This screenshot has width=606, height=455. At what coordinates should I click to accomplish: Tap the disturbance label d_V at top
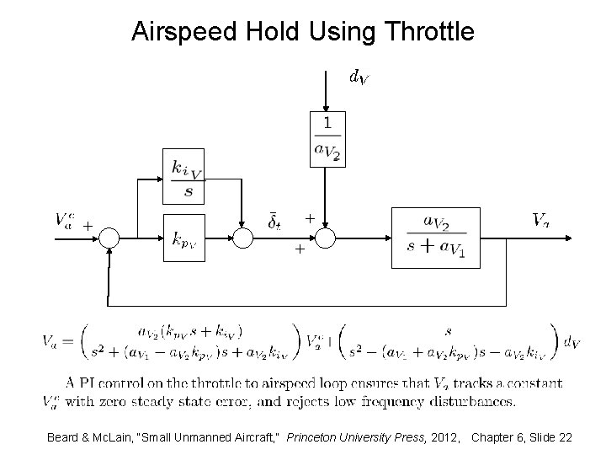(x=359, y=78)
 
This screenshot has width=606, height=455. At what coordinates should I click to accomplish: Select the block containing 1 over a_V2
(x=327, y=138)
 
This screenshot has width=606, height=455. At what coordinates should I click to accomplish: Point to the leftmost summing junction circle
(x=109, y=239)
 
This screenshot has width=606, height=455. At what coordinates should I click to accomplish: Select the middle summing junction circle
(x=243, y=239)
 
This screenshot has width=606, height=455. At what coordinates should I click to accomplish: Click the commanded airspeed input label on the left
(x=63, y=221)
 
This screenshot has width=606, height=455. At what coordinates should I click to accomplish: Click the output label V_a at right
(x=542, y=221)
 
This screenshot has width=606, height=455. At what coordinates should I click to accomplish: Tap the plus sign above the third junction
(x=310, y=218)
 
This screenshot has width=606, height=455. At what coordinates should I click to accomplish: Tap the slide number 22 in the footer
(x=565, y=438)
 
